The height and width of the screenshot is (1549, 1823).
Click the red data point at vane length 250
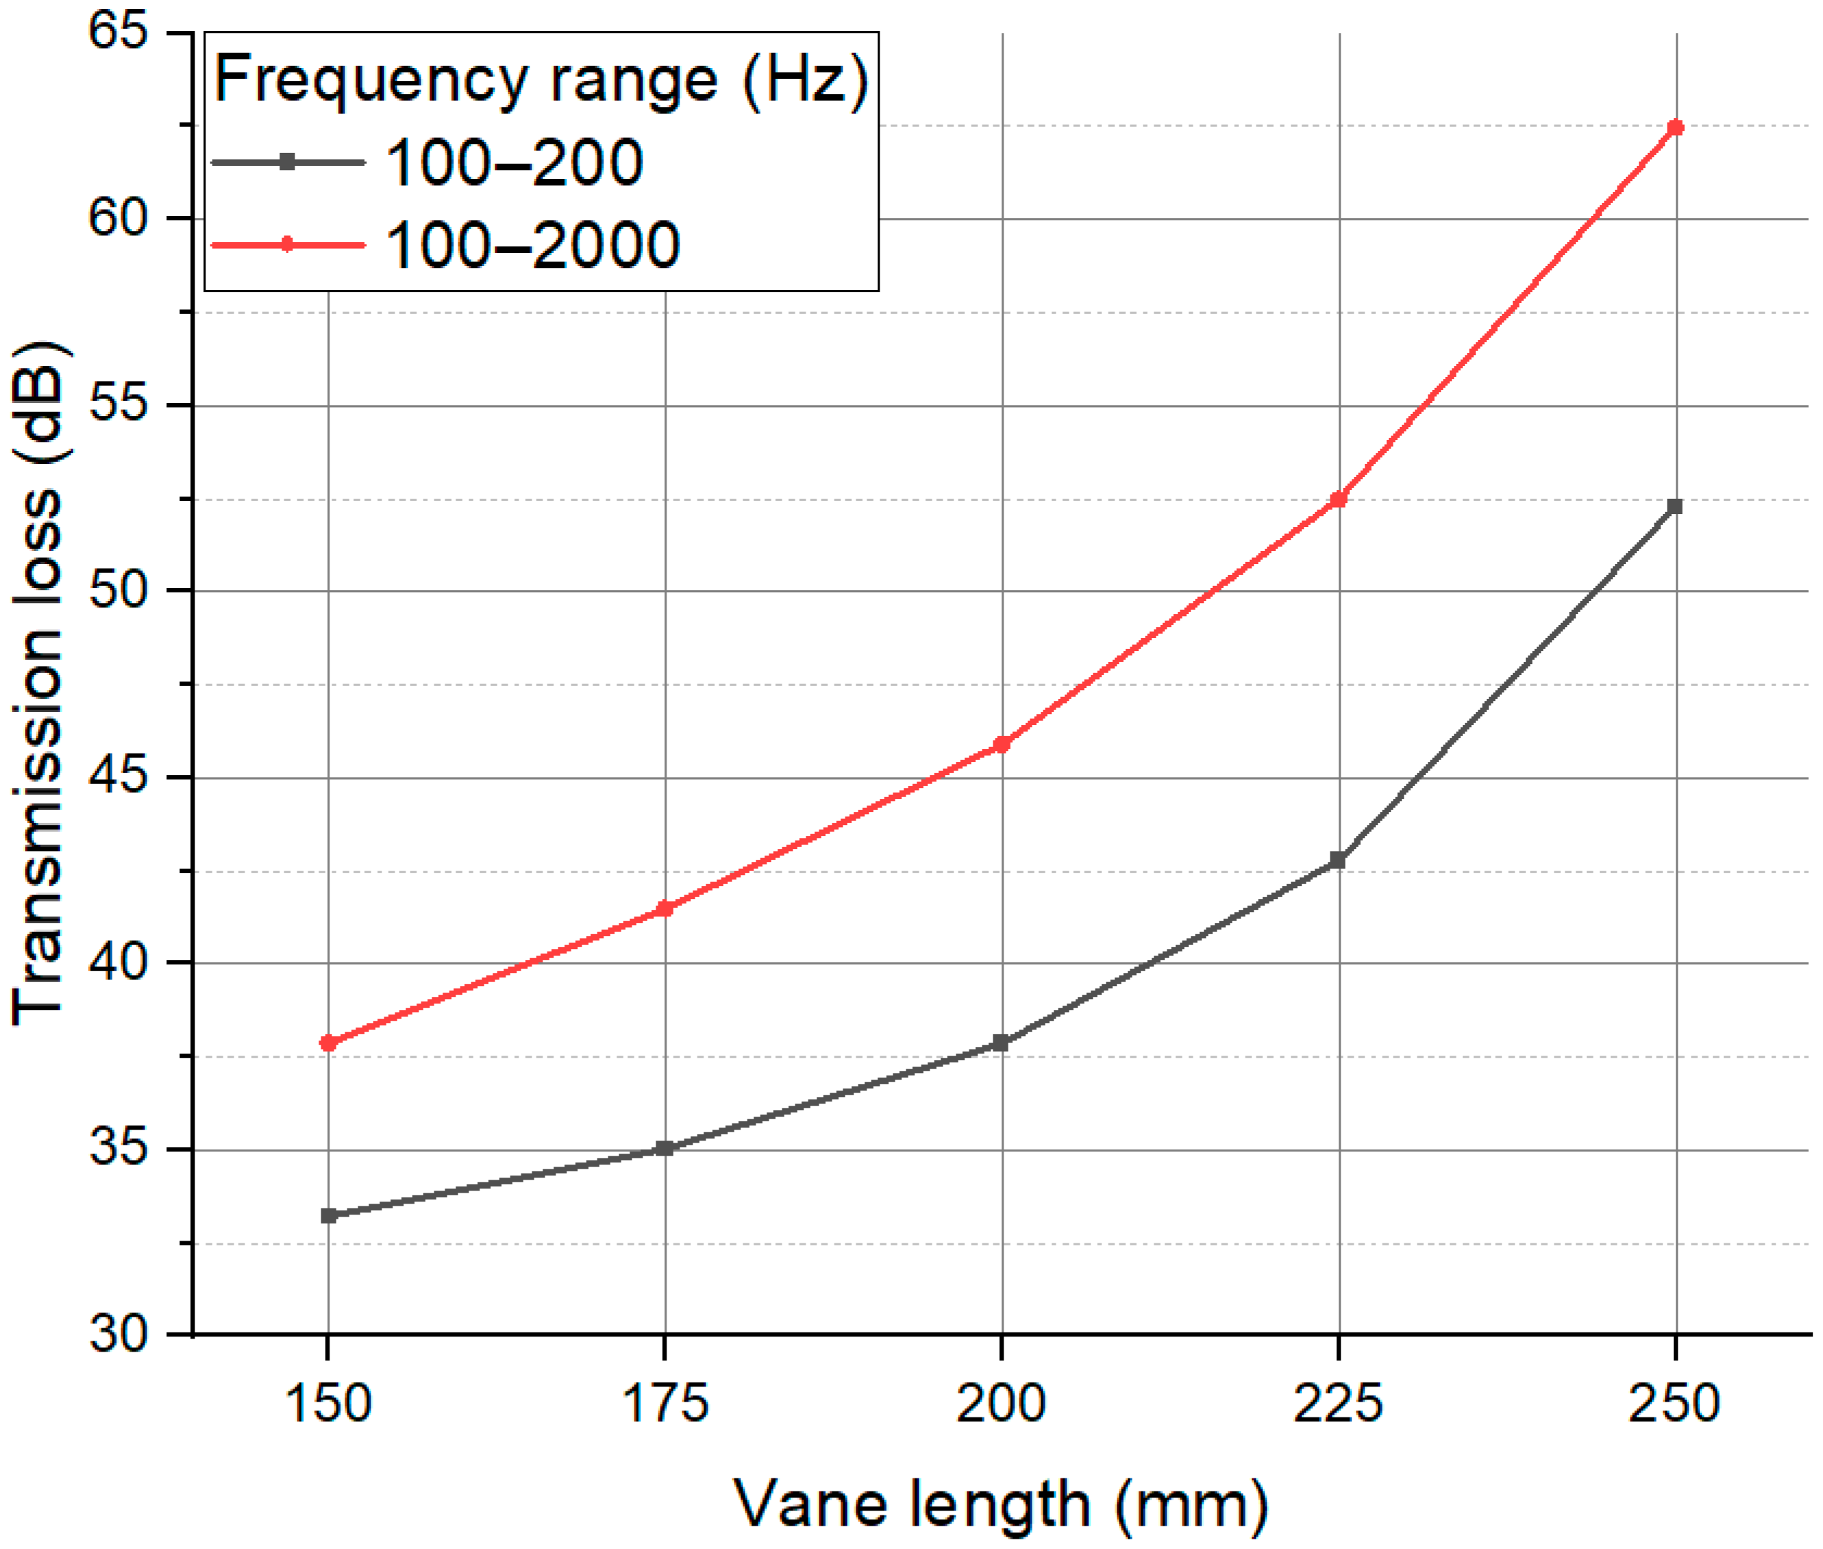pos(1674,127)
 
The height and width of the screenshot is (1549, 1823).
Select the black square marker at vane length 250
pos(1674,507)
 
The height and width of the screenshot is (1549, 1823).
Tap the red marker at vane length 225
pos(1338,499)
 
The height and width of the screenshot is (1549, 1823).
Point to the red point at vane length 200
pos(1002,744)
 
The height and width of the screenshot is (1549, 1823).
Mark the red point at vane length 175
pos(665,909)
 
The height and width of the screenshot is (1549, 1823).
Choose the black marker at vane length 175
pos(665,1149)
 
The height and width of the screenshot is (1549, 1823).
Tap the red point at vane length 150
pos(328,1043)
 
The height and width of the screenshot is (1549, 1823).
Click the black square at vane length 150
pos(328,1216)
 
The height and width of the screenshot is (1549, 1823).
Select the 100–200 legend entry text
pos(514,163)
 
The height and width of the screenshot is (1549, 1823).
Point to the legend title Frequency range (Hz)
pos(541,80)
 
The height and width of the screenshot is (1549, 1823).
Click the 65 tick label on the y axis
pos(119,32)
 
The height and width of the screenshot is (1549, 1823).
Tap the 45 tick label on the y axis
pos(119,777)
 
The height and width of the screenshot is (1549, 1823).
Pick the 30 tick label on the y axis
pos(119,1334)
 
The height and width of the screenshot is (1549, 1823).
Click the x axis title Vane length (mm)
pos(1001,1505)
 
